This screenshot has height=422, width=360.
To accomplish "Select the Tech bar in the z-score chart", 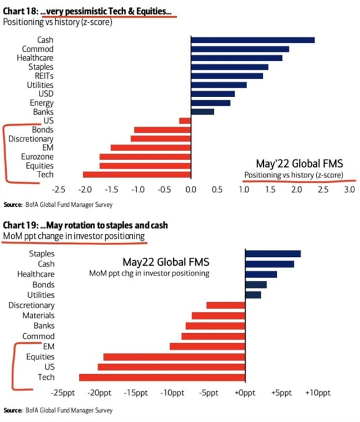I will [137, 174].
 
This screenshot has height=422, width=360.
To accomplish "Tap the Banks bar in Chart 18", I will [202, 112].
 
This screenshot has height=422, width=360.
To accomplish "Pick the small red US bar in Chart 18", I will [184, 121].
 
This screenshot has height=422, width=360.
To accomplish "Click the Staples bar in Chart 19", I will [272, 253].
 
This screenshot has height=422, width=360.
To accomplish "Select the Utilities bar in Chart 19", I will [253, 294].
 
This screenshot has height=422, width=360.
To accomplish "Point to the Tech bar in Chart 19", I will [162, 377].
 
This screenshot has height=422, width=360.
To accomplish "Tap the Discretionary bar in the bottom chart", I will [225, 305].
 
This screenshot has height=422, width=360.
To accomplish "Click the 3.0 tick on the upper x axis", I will [349, 190].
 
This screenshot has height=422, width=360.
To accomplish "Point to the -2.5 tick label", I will [60, 190].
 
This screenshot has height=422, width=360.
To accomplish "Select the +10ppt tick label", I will [318, 392].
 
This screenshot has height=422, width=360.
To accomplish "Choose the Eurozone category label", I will [37, 156].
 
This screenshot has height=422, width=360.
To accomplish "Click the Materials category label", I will [38, 315].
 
